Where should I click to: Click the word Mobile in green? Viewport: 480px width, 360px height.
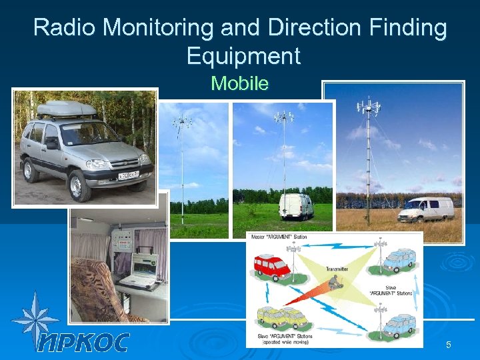(x=239, y=83)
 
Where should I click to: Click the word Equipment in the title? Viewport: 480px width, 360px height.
(x=243, y=55)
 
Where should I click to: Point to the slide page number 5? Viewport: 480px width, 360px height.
(x=449, y=345)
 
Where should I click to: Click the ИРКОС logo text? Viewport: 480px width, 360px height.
(x=83, y=341)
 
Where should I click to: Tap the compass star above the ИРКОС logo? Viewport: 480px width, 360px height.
(x=35, y=319)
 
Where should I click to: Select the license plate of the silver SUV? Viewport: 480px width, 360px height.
(x=129, y=175)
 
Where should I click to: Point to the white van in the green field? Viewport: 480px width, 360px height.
(x=296, y=206)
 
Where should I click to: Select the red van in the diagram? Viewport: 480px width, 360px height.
(x=272, y=266)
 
